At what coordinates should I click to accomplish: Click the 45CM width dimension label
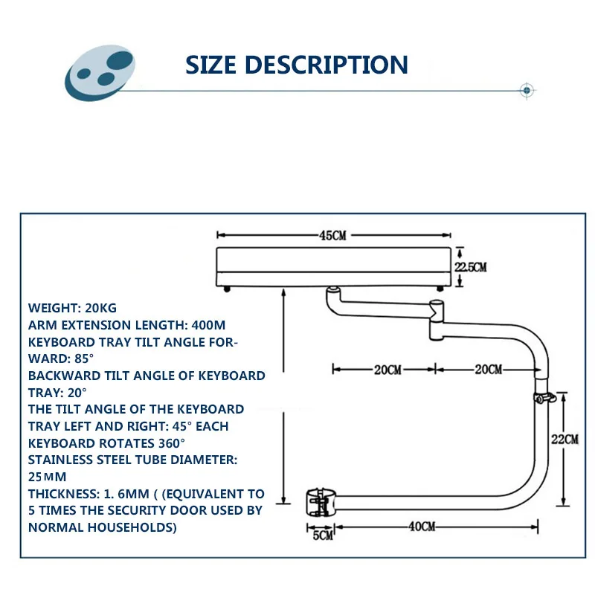[333, 236]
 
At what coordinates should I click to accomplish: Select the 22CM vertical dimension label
[565, 438]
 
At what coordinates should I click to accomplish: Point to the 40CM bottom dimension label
[422, 527]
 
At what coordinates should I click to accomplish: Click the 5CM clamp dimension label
[324, 535]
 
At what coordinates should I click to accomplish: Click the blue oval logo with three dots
[100, 75]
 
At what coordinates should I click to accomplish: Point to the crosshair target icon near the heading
[527, 91]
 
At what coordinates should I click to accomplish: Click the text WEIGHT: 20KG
[72, 307]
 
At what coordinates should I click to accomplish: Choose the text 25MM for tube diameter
[48, 476]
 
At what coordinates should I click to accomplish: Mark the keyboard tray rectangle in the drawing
[333, 267]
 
